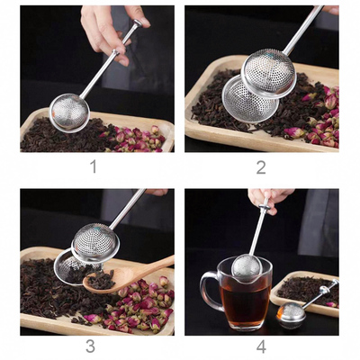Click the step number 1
(93, 166)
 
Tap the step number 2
(260, 166)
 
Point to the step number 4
(260, 346)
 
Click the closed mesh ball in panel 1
(69, 112)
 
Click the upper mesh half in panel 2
(269, 71)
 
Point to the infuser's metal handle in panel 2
(303, 32)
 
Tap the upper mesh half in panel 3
(95, 243)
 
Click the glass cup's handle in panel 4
(206, 292)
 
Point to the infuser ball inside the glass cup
(246, 268)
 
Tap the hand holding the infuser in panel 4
(271, 197)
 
